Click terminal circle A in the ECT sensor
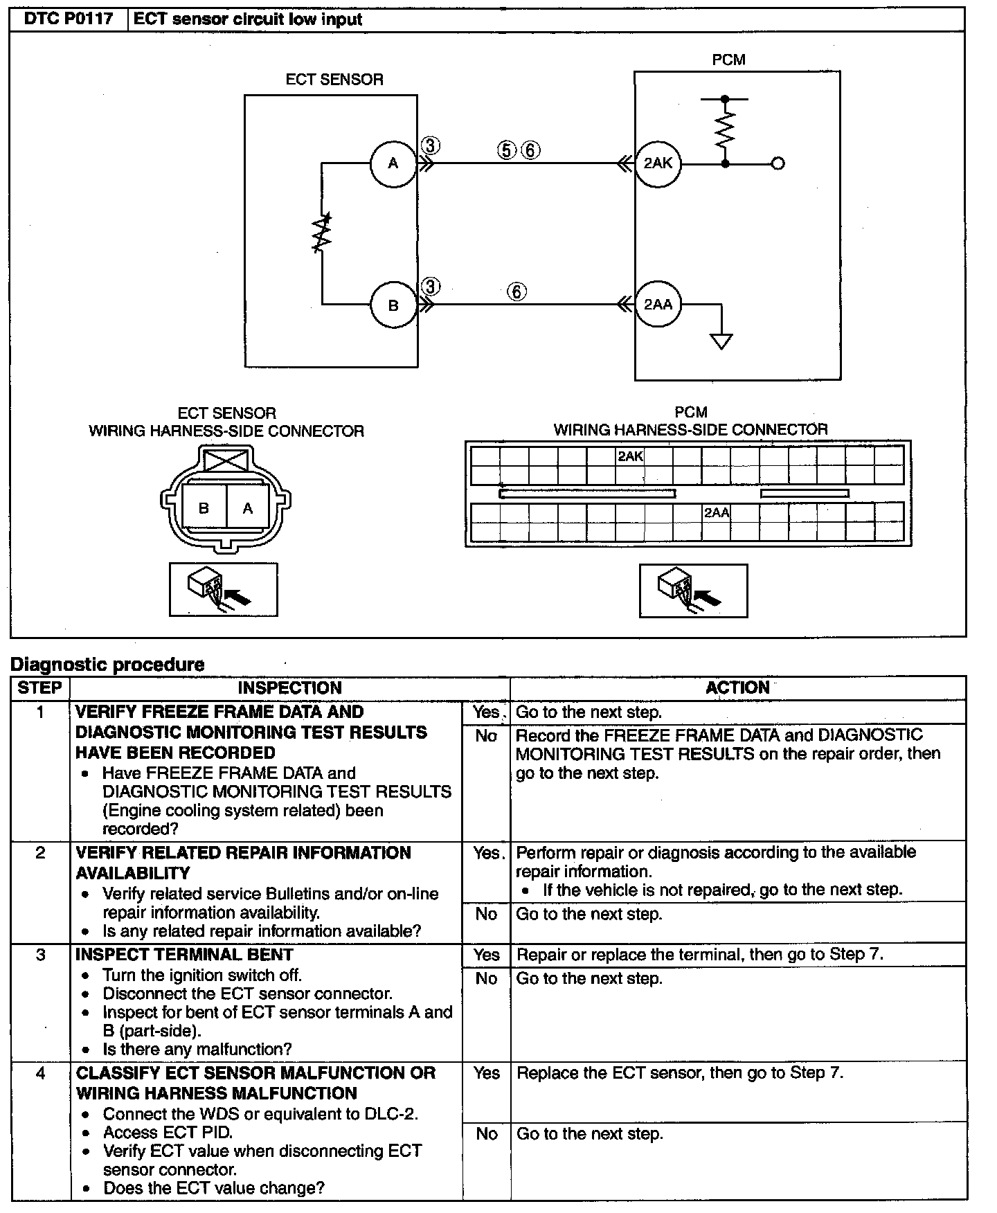pyautogui.click(x=393, y=164)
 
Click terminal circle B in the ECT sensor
pyautogui.click(x=393, y=305)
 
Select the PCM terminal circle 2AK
pyautogui.click(x=658, y=164)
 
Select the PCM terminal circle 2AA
pyautogui.click(x=658, y=305)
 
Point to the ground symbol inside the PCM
pyautogui.click(x=721, y=341)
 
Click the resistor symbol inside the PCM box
pyautogui.click(x=725, y=130)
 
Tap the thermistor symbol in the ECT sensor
pyautogui.click(x=322, y=233)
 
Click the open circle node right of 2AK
pyautogui.click(x=778, y=164)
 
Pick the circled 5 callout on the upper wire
pyautogui.click(x=507, y=150)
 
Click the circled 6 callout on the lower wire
pyautogui.click(x=517, y=291)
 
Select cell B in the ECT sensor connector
pyautogui.click(x=204, y=508)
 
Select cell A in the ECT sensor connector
pyautogui.click(x=248, y=508)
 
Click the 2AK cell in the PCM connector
pyautogui.click(x=630, y=456)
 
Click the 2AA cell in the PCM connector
pyautogui.click(x=717, y=513)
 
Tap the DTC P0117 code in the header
pyautogui.click(x=69, y=19)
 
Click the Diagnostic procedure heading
pyautogui.click(x=107, y=665)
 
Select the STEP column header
pyautogui.click(x=40, y=688)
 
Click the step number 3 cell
pyautogui.click(x=41, y=955)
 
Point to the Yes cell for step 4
pyautogui.click(x=487, y=1073)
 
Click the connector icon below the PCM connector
pyautogui.click(x=693, y=591)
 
